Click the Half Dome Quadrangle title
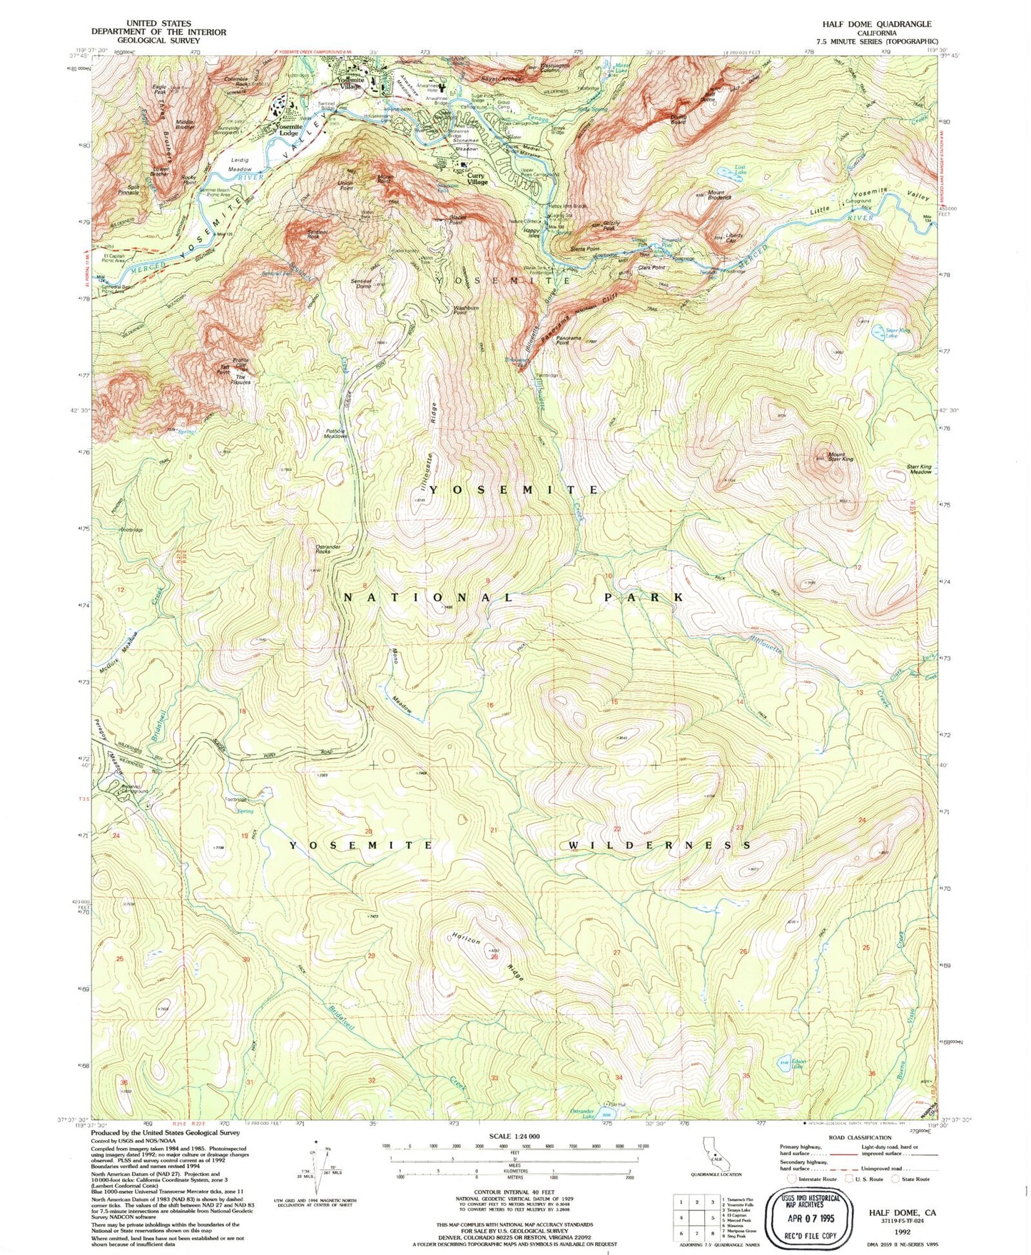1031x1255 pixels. point(876,24)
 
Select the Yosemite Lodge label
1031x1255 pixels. point(288,129)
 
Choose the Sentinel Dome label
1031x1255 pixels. point(362,283)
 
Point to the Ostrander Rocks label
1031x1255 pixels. point(327,549)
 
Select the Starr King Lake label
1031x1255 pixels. point(898,332)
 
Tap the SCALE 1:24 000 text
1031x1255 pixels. point(514,1137)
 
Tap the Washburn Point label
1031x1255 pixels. point(466,311)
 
